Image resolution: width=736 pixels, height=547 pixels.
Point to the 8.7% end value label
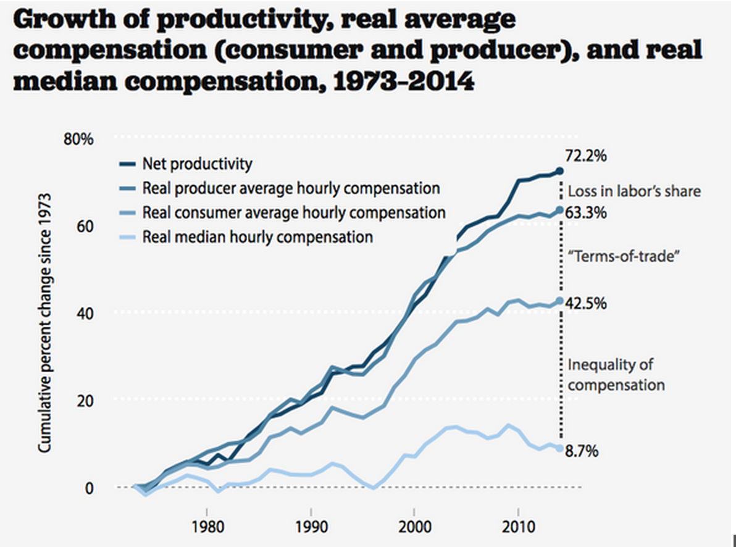[x=582, y=451]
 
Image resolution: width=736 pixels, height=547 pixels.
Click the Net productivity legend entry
[x=196, y=164]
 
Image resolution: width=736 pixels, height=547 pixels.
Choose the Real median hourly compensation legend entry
[x=257, y=236]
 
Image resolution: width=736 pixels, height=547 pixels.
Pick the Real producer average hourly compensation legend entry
[x=290, y=188]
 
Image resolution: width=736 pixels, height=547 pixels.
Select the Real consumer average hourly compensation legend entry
[x=293, y=212]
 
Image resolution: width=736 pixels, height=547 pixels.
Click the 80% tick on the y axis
[x=78, y=139]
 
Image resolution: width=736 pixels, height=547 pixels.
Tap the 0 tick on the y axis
[x=90, y=488]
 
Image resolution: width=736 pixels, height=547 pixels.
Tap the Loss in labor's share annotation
[x=634, y=191]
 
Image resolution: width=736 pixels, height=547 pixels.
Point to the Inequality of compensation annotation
[x=616, y=375]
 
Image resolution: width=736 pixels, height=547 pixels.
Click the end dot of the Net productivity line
[x=559, y=171]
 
